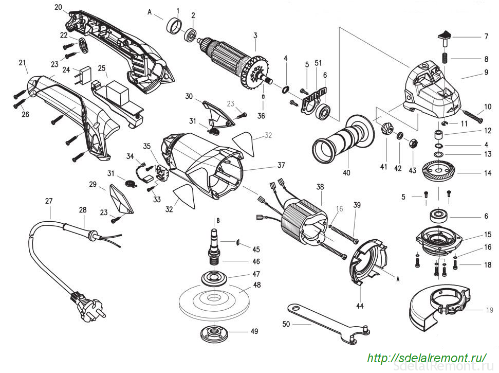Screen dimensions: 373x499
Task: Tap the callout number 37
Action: click(x=281, y=165)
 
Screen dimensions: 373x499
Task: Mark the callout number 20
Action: click(x=58, y=7)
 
